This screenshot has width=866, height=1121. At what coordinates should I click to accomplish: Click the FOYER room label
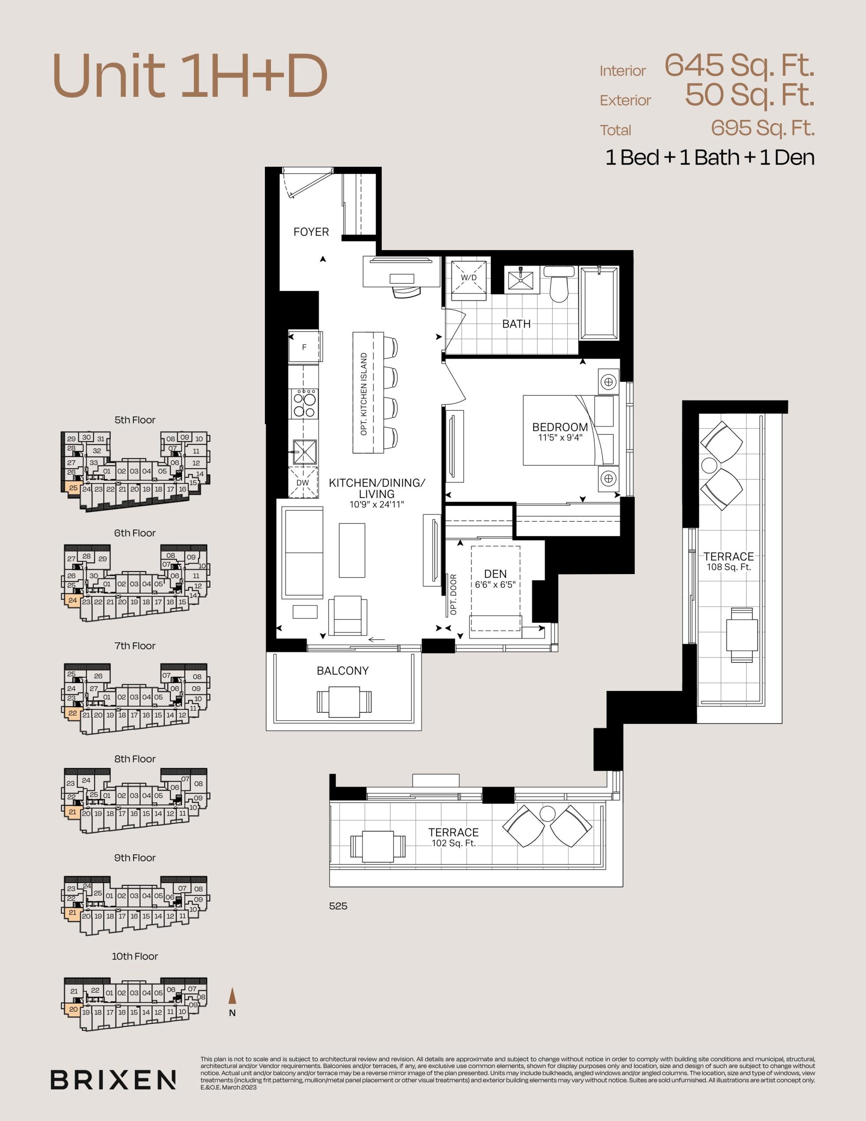point(311,232)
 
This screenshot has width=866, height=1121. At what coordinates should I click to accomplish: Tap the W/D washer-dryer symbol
point(468,280)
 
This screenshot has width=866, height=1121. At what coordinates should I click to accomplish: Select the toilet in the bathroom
point(559,284)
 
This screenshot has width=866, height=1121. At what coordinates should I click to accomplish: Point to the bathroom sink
point(521,280)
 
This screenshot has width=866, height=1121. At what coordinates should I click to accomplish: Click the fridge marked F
point(305,347)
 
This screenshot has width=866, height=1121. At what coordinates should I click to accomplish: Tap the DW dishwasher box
point(303,483)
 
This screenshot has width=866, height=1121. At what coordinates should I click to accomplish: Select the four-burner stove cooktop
point(304,403)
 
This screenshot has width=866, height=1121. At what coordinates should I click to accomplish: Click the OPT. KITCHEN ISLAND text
point(364,394)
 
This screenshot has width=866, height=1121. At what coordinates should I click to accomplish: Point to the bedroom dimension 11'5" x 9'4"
point(560,438)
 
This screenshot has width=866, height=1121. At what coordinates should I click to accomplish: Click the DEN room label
point(495,574)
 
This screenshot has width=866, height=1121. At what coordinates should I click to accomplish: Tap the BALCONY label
point(342,671)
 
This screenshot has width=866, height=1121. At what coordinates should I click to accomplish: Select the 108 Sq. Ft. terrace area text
point(729,567)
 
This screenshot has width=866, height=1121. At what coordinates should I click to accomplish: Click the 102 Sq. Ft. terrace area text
point(454,843)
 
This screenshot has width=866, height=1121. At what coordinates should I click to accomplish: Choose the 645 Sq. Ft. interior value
point(739,66)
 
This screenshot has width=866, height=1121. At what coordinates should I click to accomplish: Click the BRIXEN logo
point(113,1079)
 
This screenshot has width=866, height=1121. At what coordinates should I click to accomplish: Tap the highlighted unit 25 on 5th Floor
point(73,488)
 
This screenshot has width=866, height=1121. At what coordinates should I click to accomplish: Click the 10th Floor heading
point(135,956)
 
